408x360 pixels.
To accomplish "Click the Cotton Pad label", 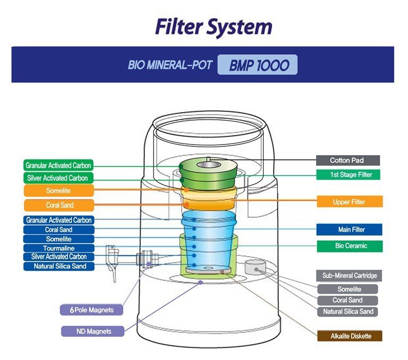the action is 348,160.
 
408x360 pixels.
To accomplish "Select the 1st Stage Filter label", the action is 348,174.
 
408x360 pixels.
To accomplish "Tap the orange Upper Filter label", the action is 350,202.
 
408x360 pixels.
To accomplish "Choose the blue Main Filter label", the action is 349,230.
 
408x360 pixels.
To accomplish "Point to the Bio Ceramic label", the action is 350,246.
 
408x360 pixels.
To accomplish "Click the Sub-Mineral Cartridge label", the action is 349,275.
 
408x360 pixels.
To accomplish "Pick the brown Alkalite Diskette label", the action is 350,336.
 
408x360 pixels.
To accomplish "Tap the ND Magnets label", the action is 92,331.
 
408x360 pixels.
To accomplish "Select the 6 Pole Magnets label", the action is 91,309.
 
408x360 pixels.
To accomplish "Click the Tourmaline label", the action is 59,248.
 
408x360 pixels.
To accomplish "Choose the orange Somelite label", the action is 59,190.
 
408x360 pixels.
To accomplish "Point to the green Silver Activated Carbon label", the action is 58,178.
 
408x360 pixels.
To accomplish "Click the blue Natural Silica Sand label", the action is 59,266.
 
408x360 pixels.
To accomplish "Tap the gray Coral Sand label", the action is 347,300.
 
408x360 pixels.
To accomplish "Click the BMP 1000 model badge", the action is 257,64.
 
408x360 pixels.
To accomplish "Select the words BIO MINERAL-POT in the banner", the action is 170,65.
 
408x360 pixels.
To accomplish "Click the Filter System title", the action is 214,27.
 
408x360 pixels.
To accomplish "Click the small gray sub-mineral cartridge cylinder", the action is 255,267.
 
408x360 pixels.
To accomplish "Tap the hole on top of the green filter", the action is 208,165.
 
